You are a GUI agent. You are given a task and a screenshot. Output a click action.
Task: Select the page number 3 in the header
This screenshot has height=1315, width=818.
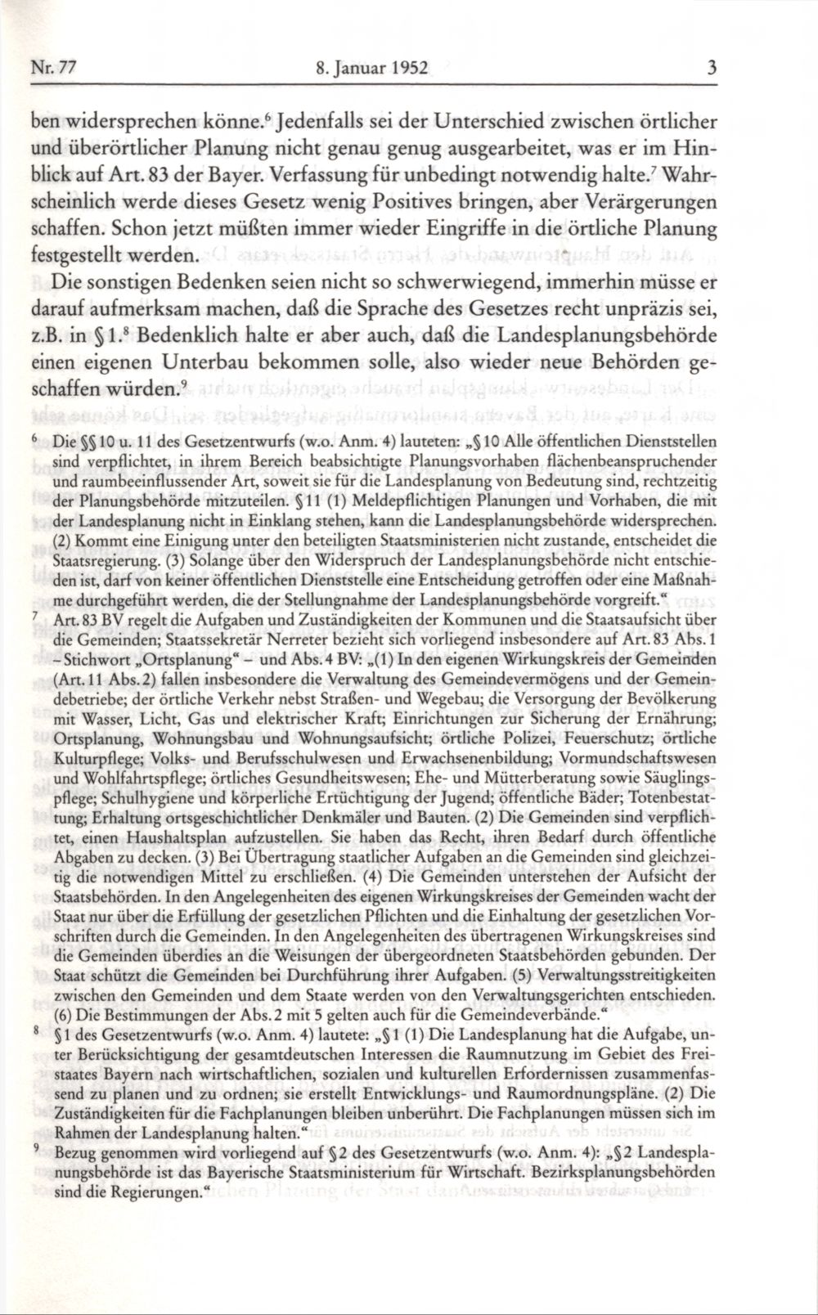pyautogui.click(x=712, y=70)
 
